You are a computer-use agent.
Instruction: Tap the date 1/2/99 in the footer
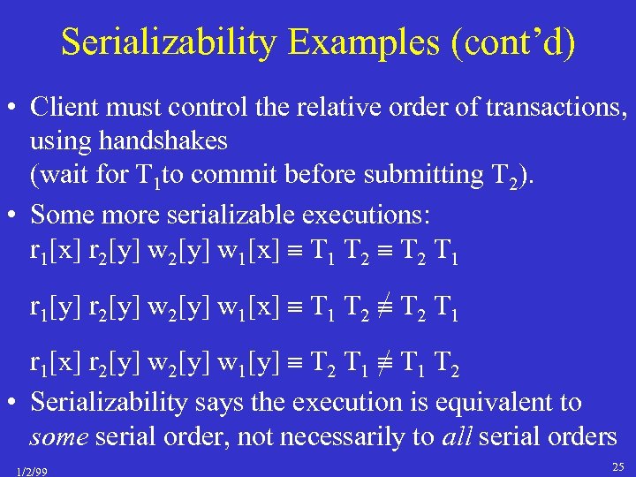(32, 471)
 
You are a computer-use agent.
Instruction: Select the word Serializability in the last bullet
(109, 402)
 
